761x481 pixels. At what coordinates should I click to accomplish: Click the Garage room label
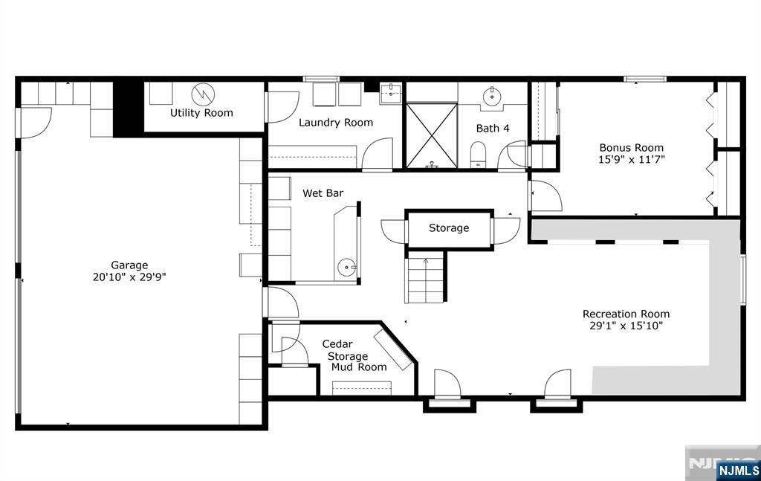pos(129,265)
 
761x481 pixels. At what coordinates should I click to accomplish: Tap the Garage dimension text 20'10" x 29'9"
pos(129,277)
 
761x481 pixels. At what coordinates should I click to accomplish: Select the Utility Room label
pos(201,113)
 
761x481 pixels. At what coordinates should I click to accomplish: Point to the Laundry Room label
pos(336,123)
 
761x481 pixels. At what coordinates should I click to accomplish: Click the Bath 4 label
pos(493,129)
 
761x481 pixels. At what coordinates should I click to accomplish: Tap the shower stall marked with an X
pos(431,134)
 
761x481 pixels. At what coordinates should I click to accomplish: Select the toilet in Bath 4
pos(479,155)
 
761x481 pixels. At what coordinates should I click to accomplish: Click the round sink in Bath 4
pos(492,97)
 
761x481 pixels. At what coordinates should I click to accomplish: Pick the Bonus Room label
pos(632,147)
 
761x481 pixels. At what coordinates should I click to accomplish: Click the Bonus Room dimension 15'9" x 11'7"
pos(632,159)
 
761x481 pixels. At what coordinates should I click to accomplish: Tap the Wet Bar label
pos(323,193)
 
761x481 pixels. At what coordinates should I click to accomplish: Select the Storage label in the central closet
pos(449,228)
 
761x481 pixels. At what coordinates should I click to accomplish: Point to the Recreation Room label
pos(626,314)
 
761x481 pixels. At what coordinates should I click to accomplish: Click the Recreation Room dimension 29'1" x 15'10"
pos(626,326)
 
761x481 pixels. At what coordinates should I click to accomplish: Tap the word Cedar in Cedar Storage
pos(337,344)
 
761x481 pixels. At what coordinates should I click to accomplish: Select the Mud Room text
pos(359,367)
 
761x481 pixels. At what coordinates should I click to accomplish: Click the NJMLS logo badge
pos(738,470)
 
